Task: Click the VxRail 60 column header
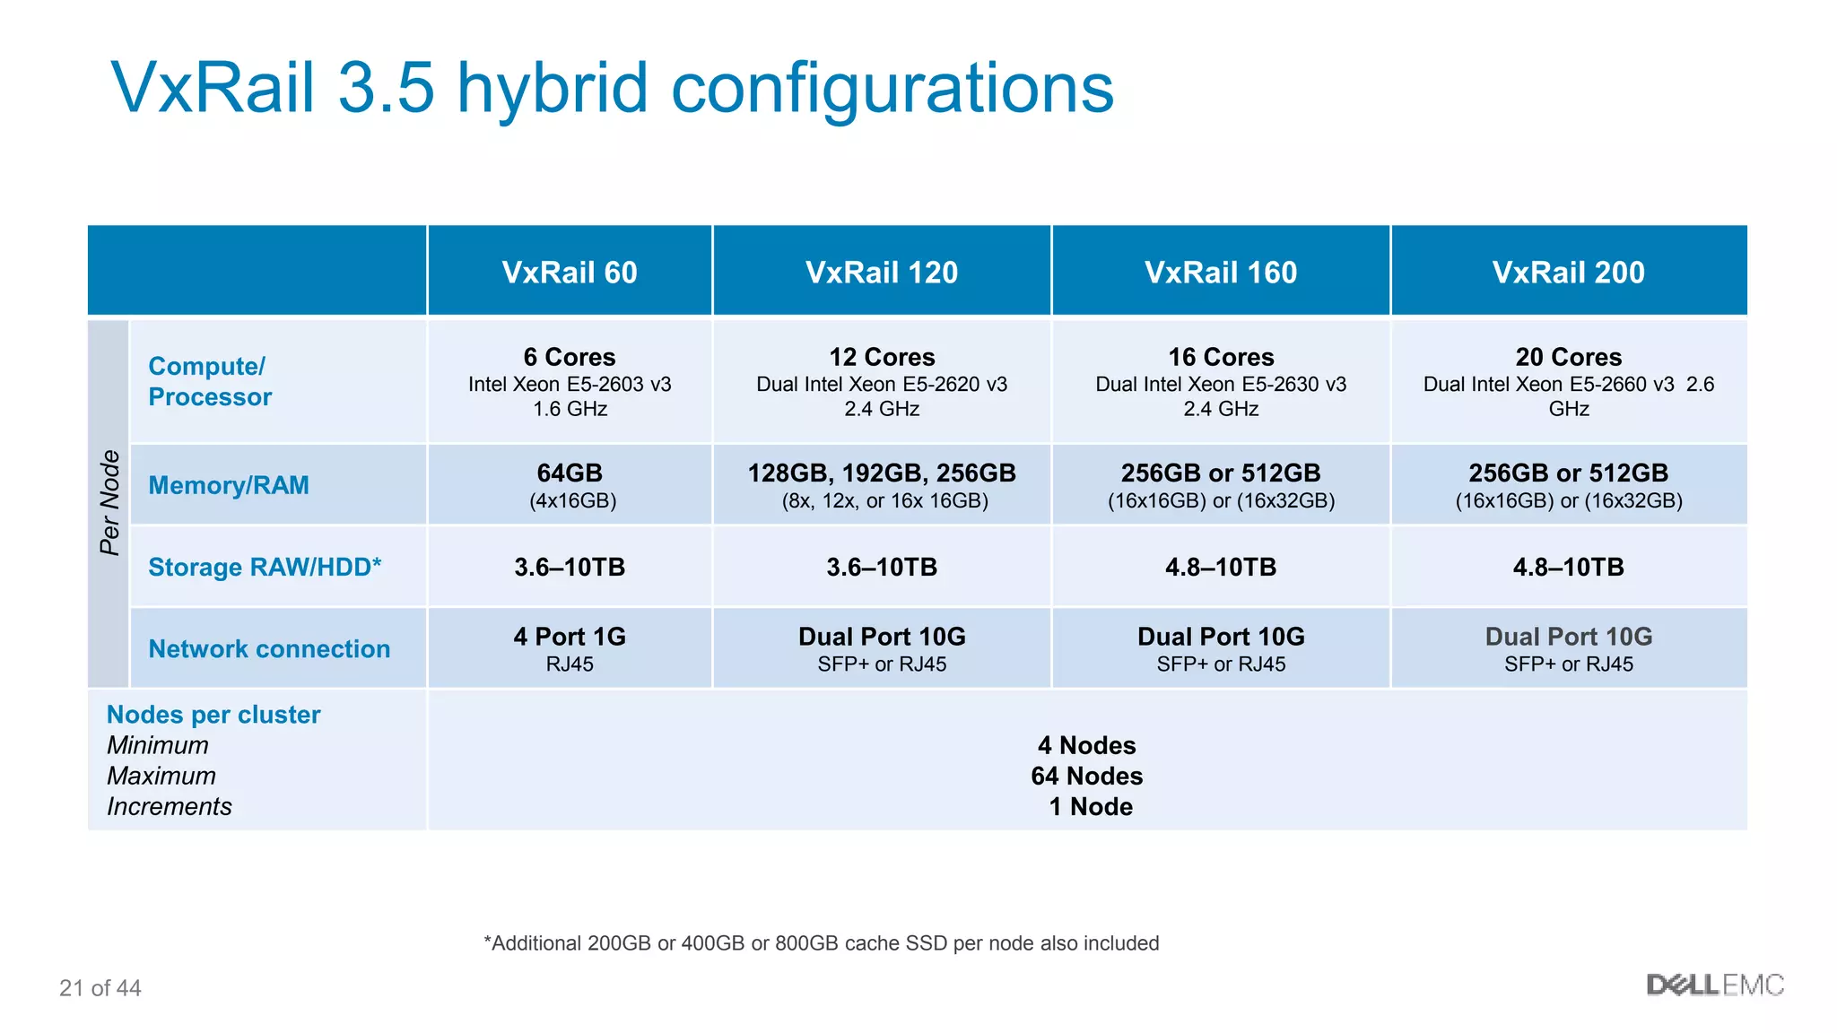coord(570,272)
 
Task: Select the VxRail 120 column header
coord(882,272)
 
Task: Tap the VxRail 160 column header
coord(1221,272)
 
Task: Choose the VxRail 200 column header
coord(1568,272)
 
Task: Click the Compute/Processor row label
coord(210,381)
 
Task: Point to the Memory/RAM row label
coord(229,485)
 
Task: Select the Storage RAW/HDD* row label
coord(265,567)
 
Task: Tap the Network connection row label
coord(269,648)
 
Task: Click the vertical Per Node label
coord(109,503)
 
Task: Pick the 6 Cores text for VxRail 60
coord(570,357)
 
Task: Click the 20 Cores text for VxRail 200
coord(1569,357)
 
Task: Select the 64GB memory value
coord(570,473)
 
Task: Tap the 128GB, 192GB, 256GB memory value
coord(882,473)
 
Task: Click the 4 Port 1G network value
coord(570,637)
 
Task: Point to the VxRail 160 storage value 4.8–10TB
coord(1221,567)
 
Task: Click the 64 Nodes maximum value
coord(1087,776)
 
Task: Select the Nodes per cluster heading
coord(213,715)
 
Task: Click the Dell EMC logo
coord(1715,985)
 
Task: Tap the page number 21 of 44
coord(100,988)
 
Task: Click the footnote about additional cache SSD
coord(821,943)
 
